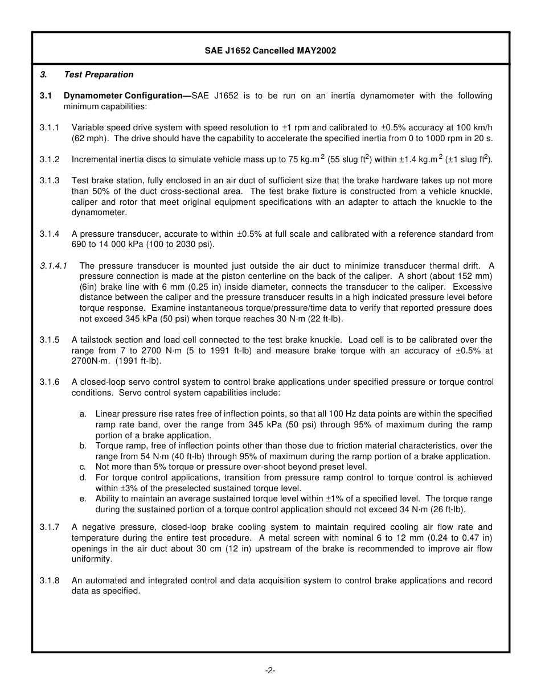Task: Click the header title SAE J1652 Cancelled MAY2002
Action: [x=270, y=51]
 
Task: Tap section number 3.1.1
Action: [x=50, y=127]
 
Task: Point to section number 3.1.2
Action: [x=50, y=160]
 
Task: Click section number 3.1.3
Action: [x=50, y=180]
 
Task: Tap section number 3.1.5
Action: [x=50, y=340]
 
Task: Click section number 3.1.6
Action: [x=50, y=382]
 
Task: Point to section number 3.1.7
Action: [x=50, y=527]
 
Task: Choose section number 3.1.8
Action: [x=50, y=580]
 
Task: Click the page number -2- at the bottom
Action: [x=270, y=670]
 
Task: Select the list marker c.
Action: [x=83, y=467]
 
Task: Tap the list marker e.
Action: [x=83, y=499]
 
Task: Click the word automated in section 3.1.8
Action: [x=105, y=580]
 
